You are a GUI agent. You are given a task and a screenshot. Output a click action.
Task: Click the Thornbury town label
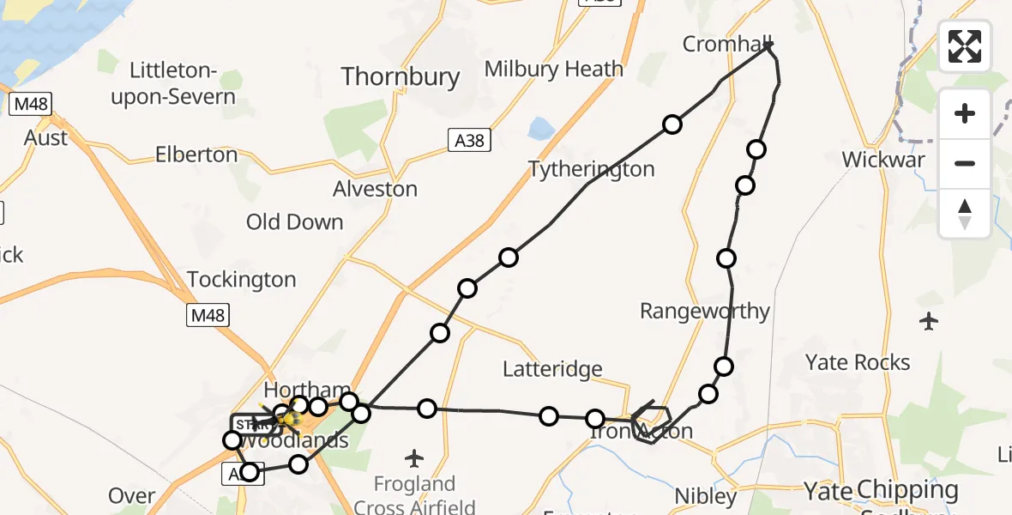point(401,76)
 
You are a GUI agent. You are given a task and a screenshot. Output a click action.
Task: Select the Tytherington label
point(591,169)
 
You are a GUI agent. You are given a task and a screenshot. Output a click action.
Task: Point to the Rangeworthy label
point(705,311)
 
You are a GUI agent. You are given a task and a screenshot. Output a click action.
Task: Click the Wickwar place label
point(883,160)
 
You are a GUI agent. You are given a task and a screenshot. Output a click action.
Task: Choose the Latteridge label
point(552,369)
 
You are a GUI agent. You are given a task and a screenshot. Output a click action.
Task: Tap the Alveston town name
point(375,189)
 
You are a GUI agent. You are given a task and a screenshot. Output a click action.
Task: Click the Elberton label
point(196,155)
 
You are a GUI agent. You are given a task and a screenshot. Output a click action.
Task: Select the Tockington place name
point(241,280)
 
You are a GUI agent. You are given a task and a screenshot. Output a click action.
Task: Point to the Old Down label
point(294,222)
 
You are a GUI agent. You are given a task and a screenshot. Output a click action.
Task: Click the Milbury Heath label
point(553,69)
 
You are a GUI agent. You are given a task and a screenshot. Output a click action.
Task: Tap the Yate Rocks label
point(858,362)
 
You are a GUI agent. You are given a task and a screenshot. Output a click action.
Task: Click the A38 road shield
point(469,140)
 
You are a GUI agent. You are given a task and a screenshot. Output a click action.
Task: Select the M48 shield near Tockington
point(208,316)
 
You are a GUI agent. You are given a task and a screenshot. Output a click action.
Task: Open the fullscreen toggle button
point(965,46)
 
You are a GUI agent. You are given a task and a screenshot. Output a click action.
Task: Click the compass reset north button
point(965,214)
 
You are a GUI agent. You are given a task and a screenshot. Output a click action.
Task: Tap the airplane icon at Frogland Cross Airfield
point(414,458)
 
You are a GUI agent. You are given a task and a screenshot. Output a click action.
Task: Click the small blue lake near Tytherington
point(542,129)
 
